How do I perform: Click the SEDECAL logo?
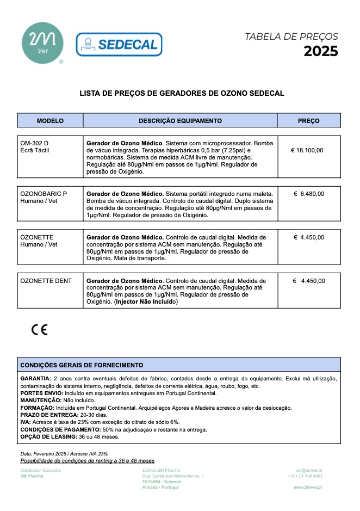click(119, 45)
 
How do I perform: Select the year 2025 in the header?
click(320, 52)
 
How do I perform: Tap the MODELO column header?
click(50, 121)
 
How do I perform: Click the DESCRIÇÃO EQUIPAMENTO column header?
click(180, 121)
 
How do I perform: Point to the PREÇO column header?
click(308, 121)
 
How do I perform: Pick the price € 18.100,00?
click(307, 150)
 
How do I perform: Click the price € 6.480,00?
click(308, 194)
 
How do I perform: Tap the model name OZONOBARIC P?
click(44, 194)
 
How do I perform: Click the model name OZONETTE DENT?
click(46, 281)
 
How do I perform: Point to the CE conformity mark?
click(39, 330)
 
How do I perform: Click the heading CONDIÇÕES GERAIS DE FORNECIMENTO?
click(82, 365)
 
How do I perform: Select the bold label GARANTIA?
click(35, 378)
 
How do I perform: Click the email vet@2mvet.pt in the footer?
click(309, 470)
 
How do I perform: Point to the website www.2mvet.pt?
click(308, 488)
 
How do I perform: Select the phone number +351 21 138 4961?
click(305, 476)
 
